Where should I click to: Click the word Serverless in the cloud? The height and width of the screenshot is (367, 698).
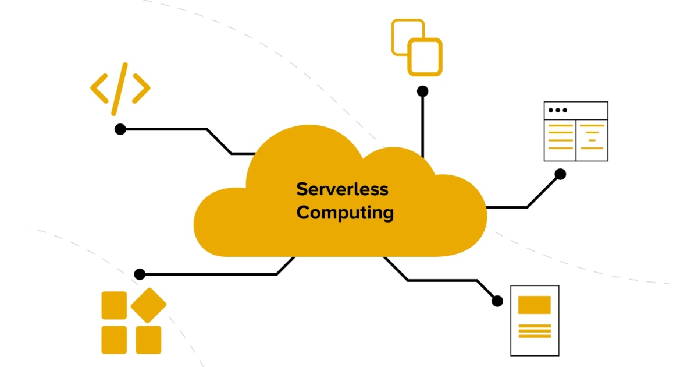(x=342, y=189)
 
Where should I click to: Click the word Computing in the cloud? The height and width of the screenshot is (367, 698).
(x=345, y=213)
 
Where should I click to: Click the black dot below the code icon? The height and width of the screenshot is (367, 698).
(x=120, y=129)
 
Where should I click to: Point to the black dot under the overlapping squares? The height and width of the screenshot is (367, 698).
(x=423, y=91)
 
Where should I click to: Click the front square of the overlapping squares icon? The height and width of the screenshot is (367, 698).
(x=425, y=57)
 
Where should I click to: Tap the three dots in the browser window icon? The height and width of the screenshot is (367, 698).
(x=557, y=110)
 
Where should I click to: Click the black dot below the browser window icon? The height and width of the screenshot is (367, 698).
(x=560, y=174)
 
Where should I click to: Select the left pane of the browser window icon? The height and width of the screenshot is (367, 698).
(x=560, y=140)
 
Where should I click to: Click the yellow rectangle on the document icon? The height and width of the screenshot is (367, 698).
(x=534, y=305)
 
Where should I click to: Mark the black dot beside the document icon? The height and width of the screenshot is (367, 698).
(x=497, y=301)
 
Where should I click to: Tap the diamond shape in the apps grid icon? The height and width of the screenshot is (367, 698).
(x=148, y=305)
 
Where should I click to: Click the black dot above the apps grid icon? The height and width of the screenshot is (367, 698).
(x=140, y=274)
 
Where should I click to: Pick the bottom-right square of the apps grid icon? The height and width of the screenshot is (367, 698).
(x=148, y=340)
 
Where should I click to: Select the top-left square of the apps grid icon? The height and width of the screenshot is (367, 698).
(x=114, y=305)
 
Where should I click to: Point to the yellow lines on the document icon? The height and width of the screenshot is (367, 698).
(x=534, y=331)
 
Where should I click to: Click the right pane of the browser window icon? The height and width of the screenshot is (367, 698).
(x=592, y=140)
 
